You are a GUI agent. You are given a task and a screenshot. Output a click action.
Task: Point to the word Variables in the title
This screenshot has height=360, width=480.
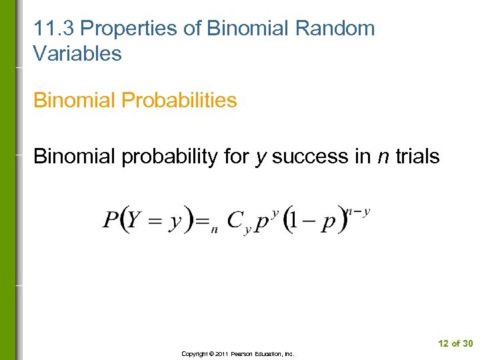77,54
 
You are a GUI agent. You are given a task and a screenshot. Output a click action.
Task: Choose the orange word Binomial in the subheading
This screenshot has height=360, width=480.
75,101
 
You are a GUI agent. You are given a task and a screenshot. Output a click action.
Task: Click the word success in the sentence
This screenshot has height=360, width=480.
309,157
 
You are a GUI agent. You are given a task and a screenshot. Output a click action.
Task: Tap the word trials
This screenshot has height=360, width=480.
418,157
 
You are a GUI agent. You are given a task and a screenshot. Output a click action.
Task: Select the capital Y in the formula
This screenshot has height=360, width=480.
135,220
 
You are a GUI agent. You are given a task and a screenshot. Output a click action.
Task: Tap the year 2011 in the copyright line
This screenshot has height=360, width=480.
221,354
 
